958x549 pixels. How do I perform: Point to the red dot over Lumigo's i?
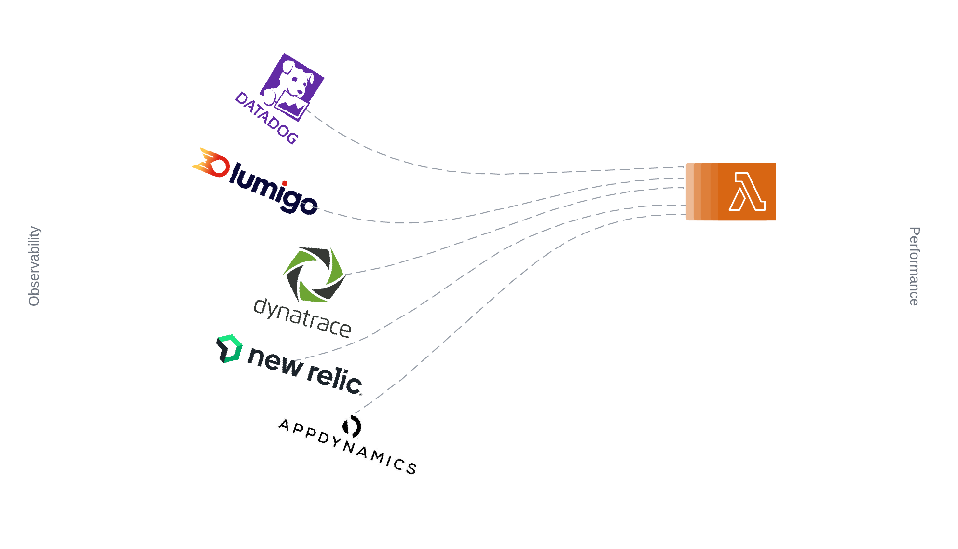click(285, 183)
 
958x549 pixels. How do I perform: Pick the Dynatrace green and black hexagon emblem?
click(314, 275)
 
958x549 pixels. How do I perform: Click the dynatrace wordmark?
click(302, 318)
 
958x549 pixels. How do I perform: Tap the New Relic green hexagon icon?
click(229, 348)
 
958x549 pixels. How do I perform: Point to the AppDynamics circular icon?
click(352, 426)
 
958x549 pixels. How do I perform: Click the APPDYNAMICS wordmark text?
click(347, 446)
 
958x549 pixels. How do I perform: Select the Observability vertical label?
click(34, 266)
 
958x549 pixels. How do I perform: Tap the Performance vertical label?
click(914, 266)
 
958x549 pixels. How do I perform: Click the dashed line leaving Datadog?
click(434, 169)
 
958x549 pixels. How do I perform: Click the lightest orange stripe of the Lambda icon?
click(690, 192)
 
